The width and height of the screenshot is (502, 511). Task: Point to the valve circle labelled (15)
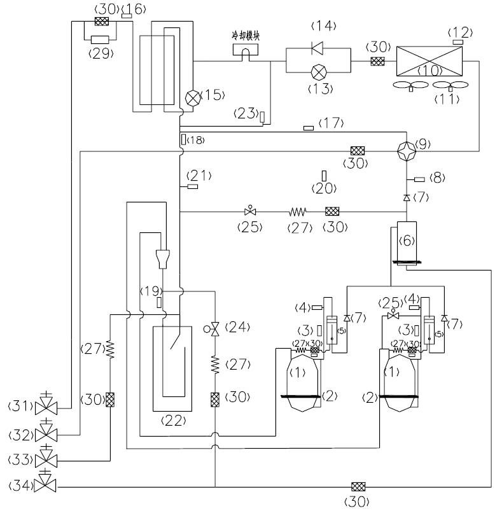coord(192,97)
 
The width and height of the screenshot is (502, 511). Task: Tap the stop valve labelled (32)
coord(46,433)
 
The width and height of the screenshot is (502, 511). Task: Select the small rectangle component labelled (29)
coord(101,39)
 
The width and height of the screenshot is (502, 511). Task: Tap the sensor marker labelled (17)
coord(308,129)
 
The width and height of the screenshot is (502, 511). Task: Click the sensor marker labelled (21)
coord(192,186)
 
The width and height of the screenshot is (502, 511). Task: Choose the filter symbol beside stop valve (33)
coord(109,400)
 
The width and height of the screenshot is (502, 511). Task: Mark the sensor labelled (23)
coord(262,116)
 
